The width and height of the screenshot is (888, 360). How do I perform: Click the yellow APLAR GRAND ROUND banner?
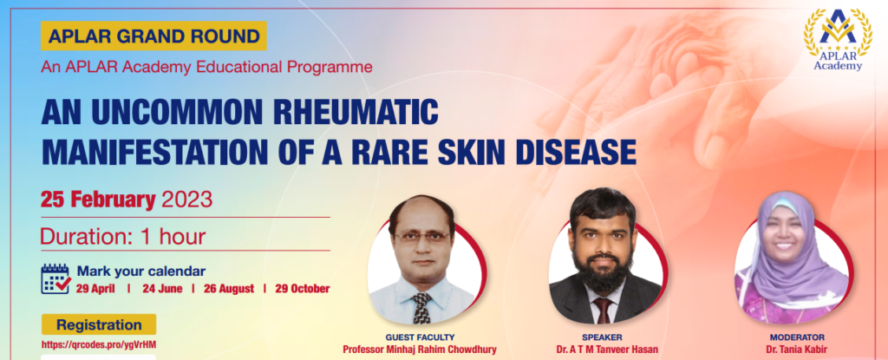point(153,36)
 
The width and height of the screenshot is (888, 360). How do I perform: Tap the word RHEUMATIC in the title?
point(356,112)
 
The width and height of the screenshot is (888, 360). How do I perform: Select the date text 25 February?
point(98,200)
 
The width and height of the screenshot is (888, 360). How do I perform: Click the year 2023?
point(187,200)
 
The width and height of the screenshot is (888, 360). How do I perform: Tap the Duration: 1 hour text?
point(123,237)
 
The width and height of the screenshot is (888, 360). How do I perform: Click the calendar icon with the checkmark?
point(55,279)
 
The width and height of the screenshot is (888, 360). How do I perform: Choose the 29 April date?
point(95,289)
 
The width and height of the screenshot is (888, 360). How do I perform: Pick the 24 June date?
point(162,289)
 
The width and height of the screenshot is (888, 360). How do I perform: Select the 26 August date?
point(229,289)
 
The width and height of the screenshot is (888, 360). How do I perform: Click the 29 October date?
point(303,289)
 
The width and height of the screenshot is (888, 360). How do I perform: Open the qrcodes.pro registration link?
point(99,344)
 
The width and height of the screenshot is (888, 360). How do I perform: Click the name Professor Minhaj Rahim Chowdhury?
point(420,350)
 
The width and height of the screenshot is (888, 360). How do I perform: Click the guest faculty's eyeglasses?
point(422,236)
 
